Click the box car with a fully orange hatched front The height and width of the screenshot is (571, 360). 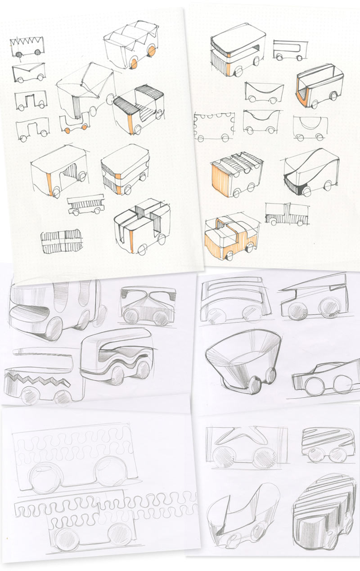(x=236, y=177)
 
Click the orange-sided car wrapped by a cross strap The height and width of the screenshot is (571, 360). (x=232, y=238)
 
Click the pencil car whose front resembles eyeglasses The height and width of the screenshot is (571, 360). (x=148, y=306)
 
